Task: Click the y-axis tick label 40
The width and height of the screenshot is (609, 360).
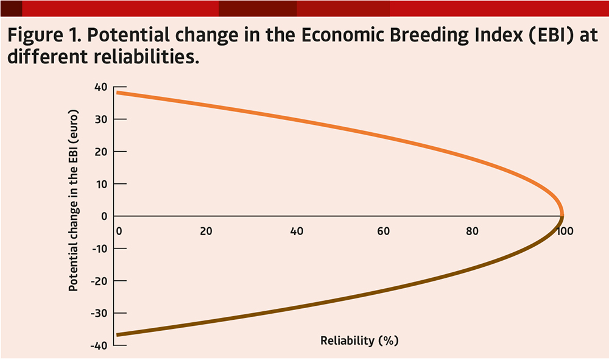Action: point(100,86)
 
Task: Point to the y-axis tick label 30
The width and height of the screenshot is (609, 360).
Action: point(100,119)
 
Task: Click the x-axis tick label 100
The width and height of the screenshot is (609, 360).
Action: point(566,231)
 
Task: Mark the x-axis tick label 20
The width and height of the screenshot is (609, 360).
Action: point(206,231)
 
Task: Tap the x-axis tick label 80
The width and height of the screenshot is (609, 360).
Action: point(472,231)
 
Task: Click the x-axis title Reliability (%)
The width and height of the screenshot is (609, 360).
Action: point(359,341)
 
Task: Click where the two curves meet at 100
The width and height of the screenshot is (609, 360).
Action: point(561,216)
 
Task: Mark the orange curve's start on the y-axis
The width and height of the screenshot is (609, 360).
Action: point(117,93)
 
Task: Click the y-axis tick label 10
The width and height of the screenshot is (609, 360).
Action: point(101,183)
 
